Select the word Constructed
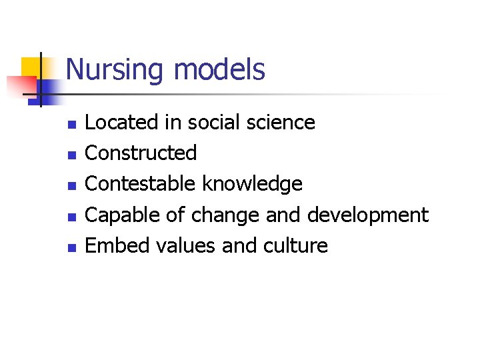[141, 153]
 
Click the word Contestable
[141, 184]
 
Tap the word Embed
[118, 246]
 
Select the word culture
[299, 246]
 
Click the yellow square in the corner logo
[31, 67]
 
